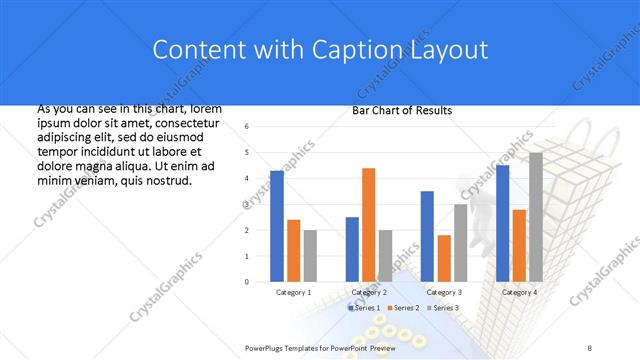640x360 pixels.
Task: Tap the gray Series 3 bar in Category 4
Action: tap(535, 217)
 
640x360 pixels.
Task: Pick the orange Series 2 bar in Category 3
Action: tap(443, 258)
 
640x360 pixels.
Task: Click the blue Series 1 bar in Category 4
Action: tap(502, 223)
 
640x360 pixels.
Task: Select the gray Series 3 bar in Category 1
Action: tap(310, 256)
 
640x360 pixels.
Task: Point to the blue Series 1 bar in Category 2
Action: tap(352, 249)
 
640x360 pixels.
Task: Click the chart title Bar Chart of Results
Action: tap(401, 110)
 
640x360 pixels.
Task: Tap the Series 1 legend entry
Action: tap(364, 307)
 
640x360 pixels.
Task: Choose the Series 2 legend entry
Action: tap(402, 307)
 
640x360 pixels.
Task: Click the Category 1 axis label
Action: tap(293, 292)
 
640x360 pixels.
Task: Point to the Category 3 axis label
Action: tap(443, 292)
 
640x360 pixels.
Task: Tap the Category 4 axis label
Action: tap(518, 292)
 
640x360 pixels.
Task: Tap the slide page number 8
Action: tap(590, 346)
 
